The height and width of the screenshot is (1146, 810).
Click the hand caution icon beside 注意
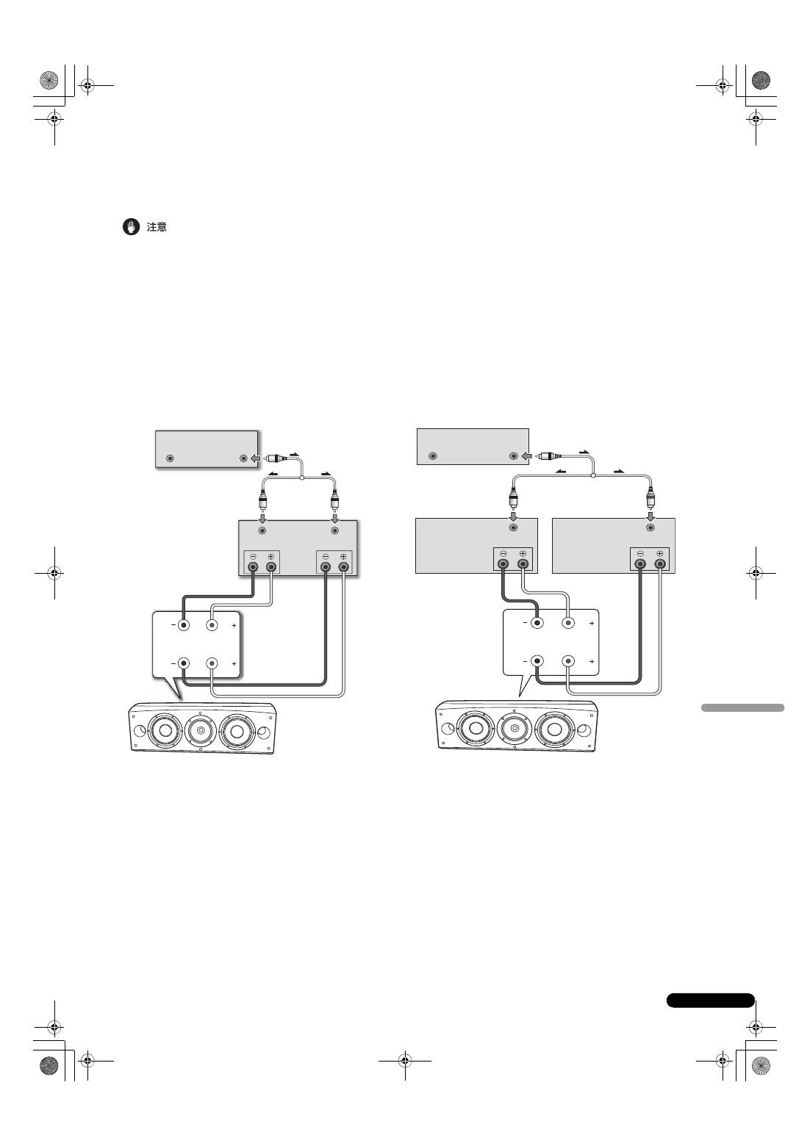pos(131,227)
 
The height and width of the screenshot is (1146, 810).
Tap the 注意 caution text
pos(157,227)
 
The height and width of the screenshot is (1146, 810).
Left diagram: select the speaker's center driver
pos(200,729)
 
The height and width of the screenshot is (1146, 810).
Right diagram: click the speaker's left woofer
pos(475,727)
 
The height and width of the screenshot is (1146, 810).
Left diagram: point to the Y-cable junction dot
pos(301,478)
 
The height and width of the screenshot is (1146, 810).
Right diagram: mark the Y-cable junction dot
pos(593,475)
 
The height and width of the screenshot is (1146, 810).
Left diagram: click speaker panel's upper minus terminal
pos(183,624)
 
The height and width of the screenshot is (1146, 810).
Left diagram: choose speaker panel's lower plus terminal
pos(212,663)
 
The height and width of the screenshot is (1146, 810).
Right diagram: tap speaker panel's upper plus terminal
pos(568,623)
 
